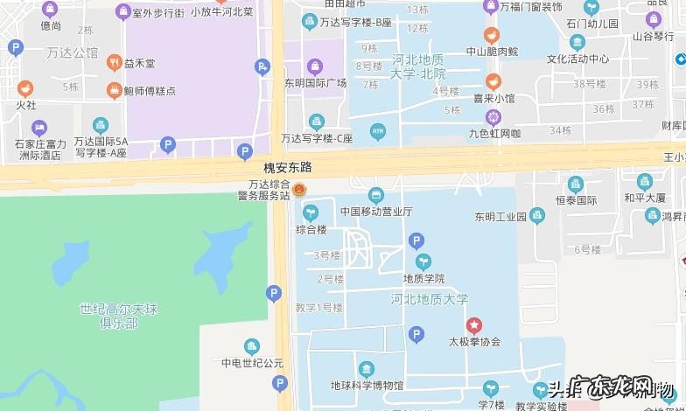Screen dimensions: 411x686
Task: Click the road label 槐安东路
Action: click(x=288, y=166)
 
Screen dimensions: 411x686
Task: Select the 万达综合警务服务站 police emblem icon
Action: click(x=299, y=190)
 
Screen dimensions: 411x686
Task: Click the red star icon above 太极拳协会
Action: click(x=473, y=324)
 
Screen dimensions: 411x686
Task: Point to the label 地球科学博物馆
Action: click(x=367, y=385)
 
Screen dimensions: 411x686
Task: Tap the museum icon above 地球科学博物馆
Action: click(x=367, y=368)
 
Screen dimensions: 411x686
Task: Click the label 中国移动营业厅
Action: click(x=376, y=211)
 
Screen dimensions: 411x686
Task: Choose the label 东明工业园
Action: click(x=500, y=216)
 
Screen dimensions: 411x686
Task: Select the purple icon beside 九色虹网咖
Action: click(x=493, y=116)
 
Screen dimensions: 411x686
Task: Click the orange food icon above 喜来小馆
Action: click(x=493, y=81)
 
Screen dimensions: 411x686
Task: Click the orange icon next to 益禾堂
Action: click(x=114, y=63)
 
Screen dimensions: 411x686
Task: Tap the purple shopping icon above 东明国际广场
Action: click(x=315, y=66)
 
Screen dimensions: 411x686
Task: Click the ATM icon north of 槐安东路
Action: click(x=378, y=131)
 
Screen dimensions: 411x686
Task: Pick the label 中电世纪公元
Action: click(x=252, y=363)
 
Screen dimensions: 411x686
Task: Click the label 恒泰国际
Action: click(x=575, y=200)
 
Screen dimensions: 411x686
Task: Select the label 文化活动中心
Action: click(x=577, y=59)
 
